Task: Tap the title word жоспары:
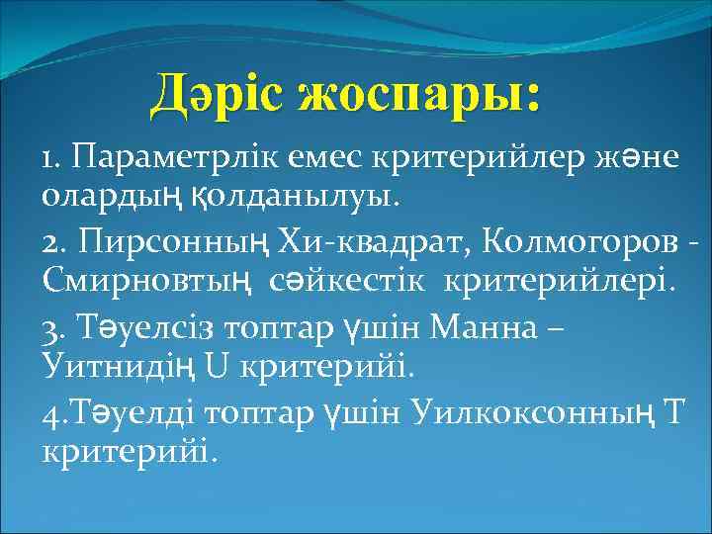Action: [416, 95]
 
